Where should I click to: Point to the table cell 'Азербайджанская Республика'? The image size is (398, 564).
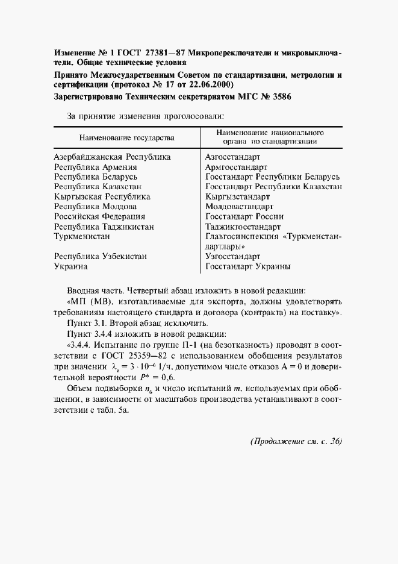pos(112,157)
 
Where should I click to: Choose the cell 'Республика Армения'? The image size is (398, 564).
pos(95,167)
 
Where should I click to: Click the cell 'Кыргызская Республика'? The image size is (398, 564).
pos(102,196)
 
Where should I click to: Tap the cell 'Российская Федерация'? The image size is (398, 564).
pos(99,216)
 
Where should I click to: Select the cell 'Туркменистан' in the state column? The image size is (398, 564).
pos(83,236)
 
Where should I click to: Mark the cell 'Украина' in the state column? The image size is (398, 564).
pos(70,266)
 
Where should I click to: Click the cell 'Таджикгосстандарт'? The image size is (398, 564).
pos(243,227)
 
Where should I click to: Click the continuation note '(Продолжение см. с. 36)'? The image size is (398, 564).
pos(296,442)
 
